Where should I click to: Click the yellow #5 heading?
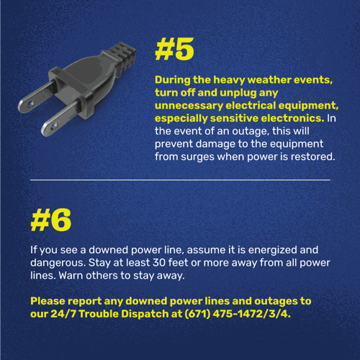tap(174, 49)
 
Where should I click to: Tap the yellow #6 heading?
tap(51, 220)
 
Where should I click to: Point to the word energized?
tap(272, 251)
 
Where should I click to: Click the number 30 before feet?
tap(159, 263)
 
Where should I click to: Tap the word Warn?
tap(71, 276)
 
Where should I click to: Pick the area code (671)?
tap(197, 314)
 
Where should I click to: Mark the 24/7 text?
tap(63, 314)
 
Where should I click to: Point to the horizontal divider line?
tap(180, 179)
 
